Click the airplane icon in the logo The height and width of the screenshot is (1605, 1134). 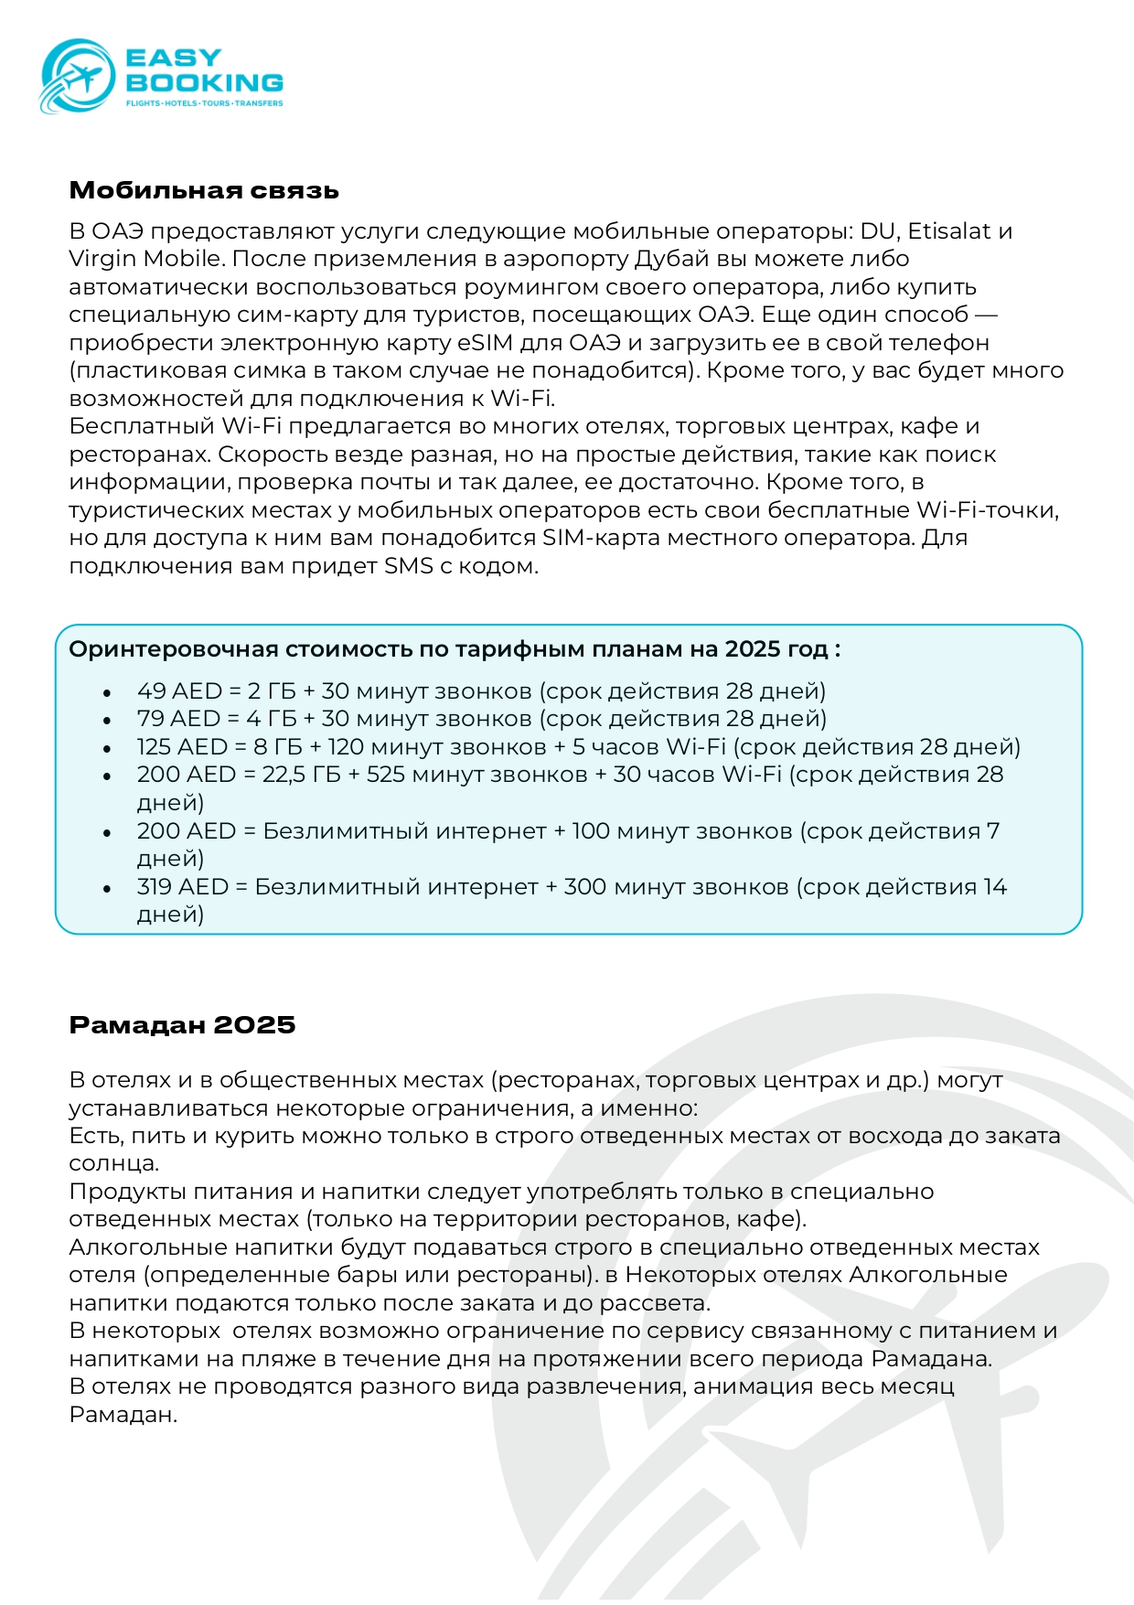pyautogui.click(x=81, y=77)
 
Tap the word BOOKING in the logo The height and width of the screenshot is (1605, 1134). pyautogui.click(x=204, y=82)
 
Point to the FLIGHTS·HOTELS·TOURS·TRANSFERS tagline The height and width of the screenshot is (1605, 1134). pyautogui.click(x=204, y=103)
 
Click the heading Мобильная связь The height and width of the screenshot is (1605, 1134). pyautogui.click(x=204, y=190)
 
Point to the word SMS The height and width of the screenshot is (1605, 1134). pyautogui.click(x=408, y=566)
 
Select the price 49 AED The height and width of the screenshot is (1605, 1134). pyautogui.click(x=179, y=691)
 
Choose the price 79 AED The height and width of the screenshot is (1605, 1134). pyautogui.click(x=179, y=719)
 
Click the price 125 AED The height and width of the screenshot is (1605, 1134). pyautogui.click(x=186, y=747)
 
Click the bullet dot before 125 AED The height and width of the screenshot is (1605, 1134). pyautogui.click(x=108, y=749)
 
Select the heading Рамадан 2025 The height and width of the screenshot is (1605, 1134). pyautogui.click(x=182, y=1024)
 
